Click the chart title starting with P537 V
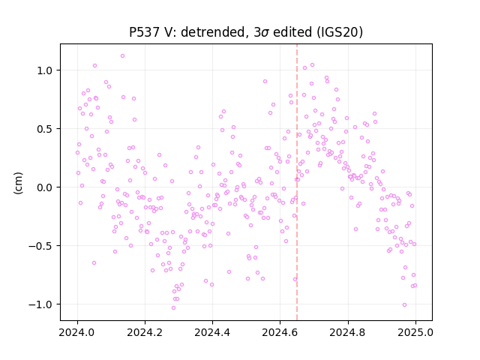(246, 32)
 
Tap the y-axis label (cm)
(18, 183)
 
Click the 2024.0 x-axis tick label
(77, 332)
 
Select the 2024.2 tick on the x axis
(145, 332)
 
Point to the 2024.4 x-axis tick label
(212, 332)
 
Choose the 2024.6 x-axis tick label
(280, 332)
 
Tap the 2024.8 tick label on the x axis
(348, 332)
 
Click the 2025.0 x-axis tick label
(415, 332)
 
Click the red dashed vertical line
(297, 182)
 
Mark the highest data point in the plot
(122, 55)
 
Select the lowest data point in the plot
(173, 307)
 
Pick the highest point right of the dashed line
(312, 65)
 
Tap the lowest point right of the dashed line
(404, 304)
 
